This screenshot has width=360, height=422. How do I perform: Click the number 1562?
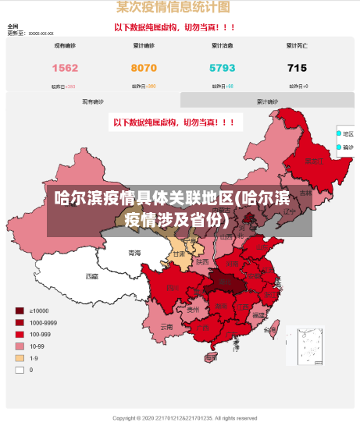[x=65, y=68]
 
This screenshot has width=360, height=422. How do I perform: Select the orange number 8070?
[x=144, y=68]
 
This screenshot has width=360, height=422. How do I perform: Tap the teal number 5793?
[x=223, y=68]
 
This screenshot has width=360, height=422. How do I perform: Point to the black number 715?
[x=297, y=68]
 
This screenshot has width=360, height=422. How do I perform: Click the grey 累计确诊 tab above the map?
[x=267, y=101]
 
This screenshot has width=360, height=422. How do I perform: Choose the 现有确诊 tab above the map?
[x=93, y=101]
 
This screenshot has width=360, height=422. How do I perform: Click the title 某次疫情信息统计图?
[x=173, y=7]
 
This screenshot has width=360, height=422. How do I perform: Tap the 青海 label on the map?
[x=134, y=253]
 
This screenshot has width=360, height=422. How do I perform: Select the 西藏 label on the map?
[x=92, y=276]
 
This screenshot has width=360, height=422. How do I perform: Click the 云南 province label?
[x=166, y=326]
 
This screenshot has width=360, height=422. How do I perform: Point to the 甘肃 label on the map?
[x=179, y=254]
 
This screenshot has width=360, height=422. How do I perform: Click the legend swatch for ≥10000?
[x=19, y=311]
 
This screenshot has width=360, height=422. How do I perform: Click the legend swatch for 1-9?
[x=19, y=358]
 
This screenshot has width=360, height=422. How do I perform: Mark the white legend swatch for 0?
[x=19, y=370]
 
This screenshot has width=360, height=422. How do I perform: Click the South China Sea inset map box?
[x=305, y=346]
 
